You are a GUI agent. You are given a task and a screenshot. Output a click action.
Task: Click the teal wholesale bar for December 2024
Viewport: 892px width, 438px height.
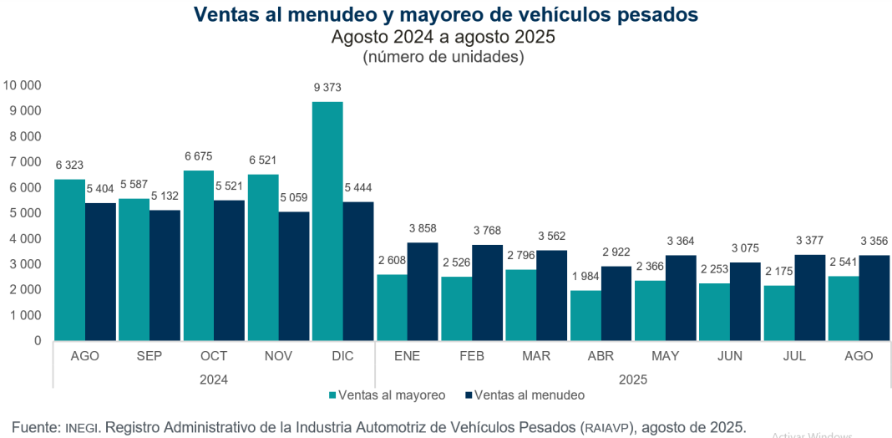pos(327,222)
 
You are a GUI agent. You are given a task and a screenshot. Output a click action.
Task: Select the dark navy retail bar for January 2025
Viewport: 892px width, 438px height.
pos(423,292)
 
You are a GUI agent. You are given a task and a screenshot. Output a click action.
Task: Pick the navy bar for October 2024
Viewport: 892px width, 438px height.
pos(230,270)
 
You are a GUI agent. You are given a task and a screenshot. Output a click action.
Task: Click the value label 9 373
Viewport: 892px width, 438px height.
pos(327,88)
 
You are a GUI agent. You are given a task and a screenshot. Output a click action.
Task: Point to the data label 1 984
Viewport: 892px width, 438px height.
pos(585,277)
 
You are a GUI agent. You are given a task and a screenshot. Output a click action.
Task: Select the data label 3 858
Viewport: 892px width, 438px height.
pos(423,228)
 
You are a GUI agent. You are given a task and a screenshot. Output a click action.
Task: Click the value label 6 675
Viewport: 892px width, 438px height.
pos(198,155)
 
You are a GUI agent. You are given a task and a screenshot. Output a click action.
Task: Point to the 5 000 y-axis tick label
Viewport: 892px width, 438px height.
pos(25,213)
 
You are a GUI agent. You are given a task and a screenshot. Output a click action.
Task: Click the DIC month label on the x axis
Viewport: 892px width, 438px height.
pos(342,356)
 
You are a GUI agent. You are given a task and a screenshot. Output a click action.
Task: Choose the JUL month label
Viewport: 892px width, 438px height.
pos(794,356)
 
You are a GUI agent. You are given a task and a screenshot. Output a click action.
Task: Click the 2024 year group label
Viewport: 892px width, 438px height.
pos(214,379)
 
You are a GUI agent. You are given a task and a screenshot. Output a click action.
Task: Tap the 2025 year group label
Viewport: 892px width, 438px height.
pos(633,379)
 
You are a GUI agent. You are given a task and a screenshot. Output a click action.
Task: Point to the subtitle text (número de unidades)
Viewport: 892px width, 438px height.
pos(443,58)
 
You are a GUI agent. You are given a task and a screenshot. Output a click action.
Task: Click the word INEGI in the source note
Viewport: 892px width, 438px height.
pos(83,428)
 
